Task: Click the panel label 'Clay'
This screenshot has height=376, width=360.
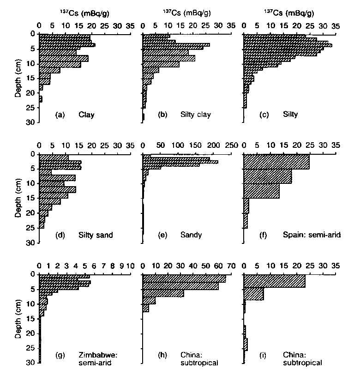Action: coord(87,115)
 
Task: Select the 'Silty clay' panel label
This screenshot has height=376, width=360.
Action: coord(195,115)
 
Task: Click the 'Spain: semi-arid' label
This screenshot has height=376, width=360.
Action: coord(312,235)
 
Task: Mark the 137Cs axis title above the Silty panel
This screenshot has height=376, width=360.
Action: coord(288,13)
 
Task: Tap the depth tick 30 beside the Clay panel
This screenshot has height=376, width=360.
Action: coord(31,122)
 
